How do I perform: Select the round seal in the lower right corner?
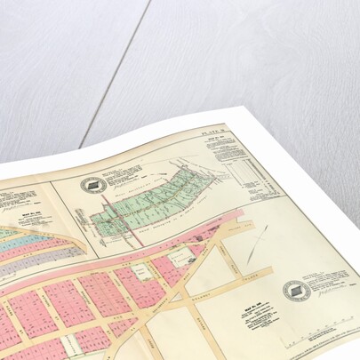coord(296,290)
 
